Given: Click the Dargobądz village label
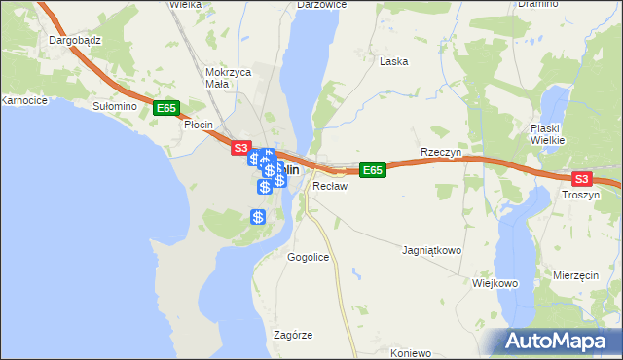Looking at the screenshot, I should (x=69, y=41).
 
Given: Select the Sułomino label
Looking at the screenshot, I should (x=113, y=105).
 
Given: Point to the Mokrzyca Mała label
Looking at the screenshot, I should (x=229, y=78).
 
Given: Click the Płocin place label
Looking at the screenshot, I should (x=198, y=125).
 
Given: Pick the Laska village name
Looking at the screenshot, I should (x=393, y=60).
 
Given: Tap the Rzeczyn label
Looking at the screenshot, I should (x=439, y=153).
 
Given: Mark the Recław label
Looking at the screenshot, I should (x=330, y=185).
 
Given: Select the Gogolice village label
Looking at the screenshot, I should (x=308, y=257).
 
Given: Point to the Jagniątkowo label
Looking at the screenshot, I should (x=431, y=250).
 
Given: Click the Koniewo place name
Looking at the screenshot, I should (x=410, y=352).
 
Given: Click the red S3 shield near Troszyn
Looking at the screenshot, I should (x=581, y=179).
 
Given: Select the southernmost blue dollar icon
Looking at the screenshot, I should (x=258, y=217).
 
